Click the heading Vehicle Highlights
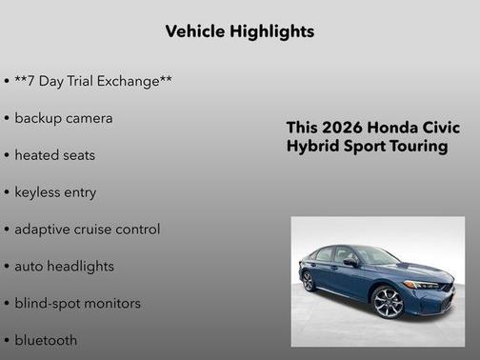(x=239, y=31)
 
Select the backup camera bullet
(x=63, y=118)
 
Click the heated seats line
(x=54, y=155)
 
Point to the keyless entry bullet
(x=55, y=192)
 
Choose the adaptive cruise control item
(x=87, y=230)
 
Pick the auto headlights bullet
(x=64, y=267)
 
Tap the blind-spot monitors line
(x=77, y=304)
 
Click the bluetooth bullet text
(x=46, y=340)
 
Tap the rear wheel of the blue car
(x=308, y=281)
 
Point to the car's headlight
(x=422, y=284)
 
